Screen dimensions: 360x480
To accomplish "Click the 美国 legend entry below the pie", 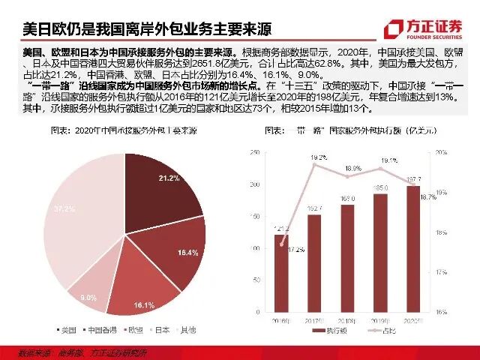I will pos(66,329).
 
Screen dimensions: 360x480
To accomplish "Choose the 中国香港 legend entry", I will pos(98,329).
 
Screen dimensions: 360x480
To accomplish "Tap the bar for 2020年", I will pos(413,248).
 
